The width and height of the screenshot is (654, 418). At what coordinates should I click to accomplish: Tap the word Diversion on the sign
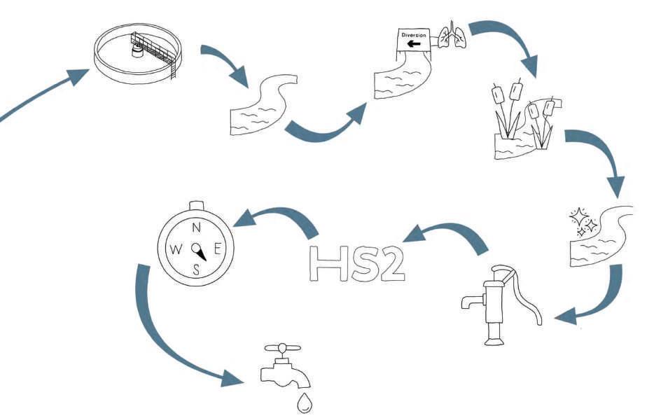[x=412, y=34]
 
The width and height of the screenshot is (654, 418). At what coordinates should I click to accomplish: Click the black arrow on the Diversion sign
[x=414, y=44]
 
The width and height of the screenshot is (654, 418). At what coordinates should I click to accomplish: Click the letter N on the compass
[x=197, y=227]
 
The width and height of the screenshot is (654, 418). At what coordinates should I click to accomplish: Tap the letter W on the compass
[x=176, y=248]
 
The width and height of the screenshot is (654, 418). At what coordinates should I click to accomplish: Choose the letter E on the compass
[x=217, y=248]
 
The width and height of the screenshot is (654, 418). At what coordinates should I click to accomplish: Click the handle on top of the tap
[x=281, y=348]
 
